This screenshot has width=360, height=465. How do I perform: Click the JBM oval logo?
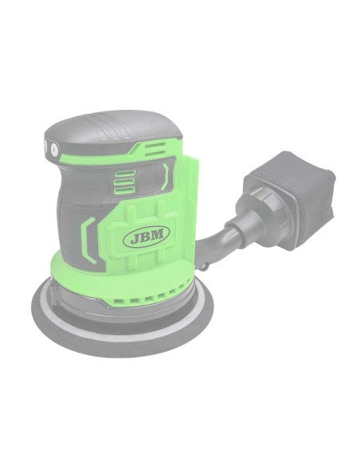(x=147, y=236)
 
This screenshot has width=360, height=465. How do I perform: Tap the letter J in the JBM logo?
(x=135, y=238)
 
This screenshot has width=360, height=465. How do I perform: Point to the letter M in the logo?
(x=158, y=234)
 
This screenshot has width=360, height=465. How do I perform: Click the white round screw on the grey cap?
(x=54, y=149)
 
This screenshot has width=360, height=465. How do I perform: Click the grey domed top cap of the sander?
(x=112, y=131)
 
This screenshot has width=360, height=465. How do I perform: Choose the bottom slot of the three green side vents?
(x=125, y=190)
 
